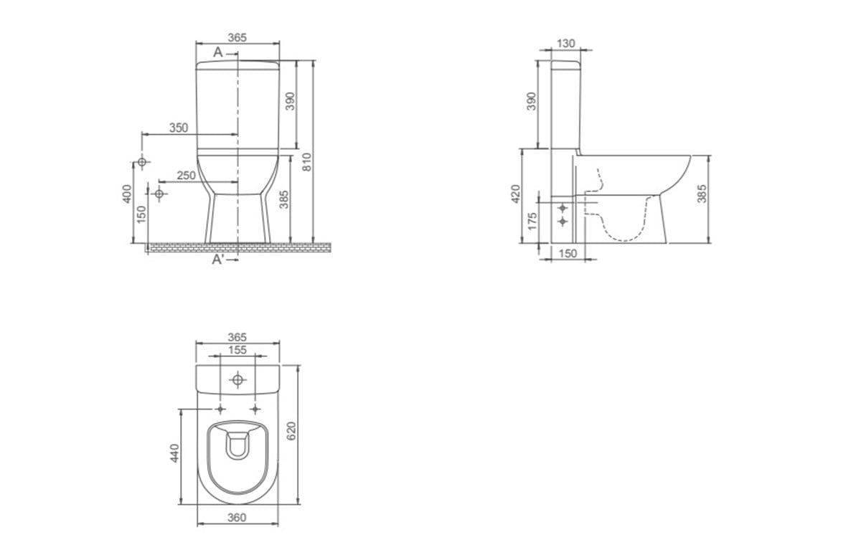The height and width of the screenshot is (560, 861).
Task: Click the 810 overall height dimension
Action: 307,162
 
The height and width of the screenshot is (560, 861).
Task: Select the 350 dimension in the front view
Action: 179,128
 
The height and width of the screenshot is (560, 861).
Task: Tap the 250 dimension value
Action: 187,176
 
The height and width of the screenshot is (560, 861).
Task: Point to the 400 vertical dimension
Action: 127,194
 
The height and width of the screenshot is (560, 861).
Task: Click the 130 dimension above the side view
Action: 566,44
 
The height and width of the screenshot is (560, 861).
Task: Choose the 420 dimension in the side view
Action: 515,194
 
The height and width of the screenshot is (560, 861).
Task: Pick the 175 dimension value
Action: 532,222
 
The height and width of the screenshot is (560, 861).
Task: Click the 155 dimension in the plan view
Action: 237,350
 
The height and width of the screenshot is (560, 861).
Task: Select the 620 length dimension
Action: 291,431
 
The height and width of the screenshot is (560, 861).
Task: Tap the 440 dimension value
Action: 174,453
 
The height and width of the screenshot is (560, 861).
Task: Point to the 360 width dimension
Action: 237,518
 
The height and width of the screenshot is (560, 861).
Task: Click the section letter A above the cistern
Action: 218,52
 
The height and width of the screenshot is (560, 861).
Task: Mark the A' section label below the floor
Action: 218,260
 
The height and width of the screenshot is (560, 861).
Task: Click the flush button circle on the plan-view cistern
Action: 238,380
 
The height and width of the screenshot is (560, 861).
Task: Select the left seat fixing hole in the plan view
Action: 220,409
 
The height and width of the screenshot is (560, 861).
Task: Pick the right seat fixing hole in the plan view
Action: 255,409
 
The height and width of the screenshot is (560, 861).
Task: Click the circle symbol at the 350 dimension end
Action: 142,162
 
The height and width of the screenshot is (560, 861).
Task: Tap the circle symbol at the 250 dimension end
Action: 159,194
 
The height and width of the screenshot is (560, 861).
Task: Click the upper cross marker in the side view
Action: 563,208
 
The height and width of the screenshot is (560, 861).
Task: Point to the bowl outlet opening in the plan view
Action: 237,446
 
